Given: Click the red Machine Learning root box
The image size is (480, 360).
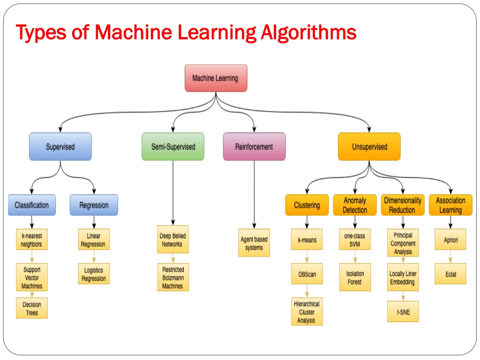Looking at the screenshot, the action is pyautogui.click(x=216, y=78).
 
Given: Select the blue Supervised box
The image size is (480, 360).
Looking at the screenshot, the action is pyautogui.click(x=60, y=147).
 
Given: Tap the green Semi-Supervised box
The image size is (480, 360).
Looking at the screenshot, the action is pyautogui.click(x=173, y=147).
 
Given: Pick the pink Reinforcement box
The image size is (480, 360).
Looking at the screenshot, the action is pyautogui.click(x=254, y=147).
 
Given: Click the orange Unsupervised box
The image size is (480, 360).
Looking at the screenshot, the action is pyautogui.click(x=369, y=147).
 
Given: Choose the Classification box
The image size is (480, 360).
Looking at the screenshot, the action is pyautogui.click(x=32, y=205).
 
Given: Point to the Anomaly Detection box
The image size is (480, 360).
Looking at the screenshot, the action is pyautogui.click(x=355, y=205).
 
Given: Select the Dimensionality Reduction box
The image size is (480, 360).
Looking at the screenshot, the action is pyautogui.click(x=403, y=205).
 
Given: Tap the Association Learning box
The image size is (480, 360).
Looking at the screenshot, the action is pyautogui.click(x=450, y=205).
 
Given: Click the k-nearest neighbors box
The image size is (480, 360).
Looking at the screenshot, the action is pyautogui.click(x=32, y=240).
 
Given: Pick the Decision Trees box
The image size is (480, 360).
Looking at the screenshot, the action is pyautogui.click(x=32, y=308).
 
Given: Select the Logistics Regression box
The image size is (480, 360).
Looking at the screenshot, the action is pyautogui.click(x=94, y=274).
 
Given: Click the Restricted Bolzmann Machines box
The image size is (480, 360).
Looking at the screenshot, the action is pyautogui.click(x=173, y=277).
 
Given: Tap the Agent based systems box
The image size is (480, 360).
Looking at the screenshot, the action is pyautogui.click(x=254, y=243).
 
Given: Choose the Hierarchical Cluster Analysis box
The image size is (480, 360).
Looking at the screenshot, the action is pyautogui.click(x=307, y=311).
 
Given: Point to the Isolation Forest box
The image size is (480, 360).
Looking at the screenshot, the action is pyautogui.click(x=355, y=277).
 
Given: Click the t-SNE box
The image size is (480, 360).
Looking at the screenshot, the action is pyautogui.click(x=403, y=311).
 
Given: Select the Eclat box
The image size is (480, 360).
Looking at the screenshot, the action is pyautogui.click(x=450, y=274).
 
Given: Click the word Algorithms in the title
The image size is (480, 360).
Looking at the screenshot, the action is pyautogui.click(x=308, y=32).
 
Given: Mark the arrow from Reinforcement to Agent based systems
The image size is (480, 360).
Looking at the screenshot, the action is pyautogui.click(x=254, y=195).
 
